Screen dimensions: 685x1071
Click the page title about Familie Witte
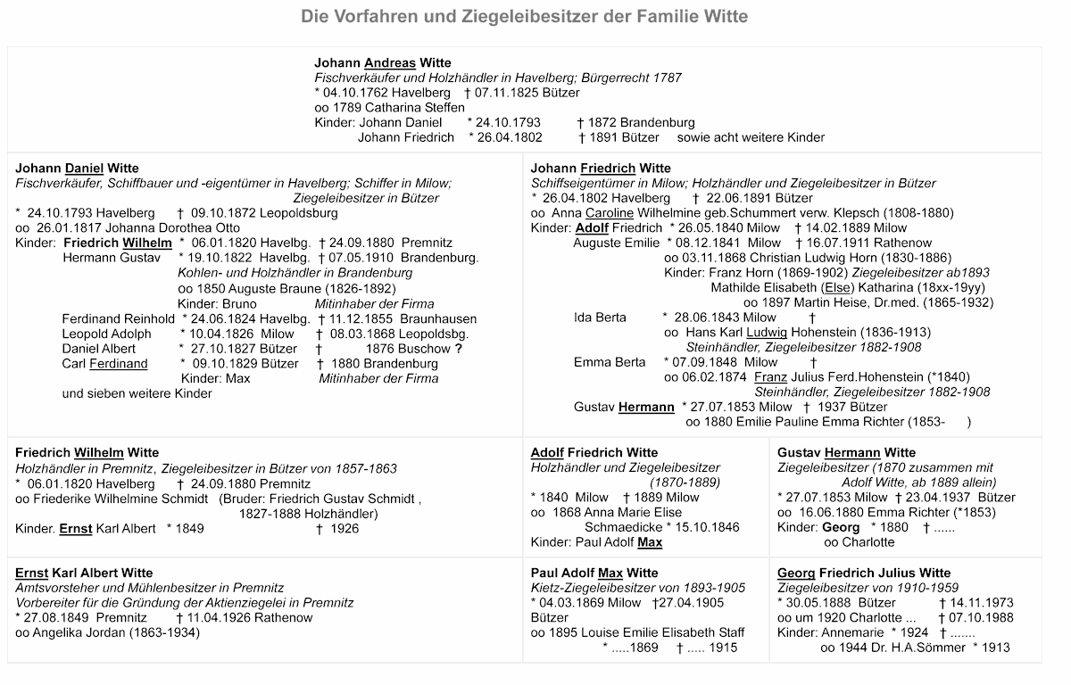[524, 16]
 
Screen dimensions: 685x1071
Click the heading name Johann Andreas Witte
[383, 62]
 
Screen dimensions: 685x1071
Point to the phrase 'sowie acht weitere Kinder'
[751, 137]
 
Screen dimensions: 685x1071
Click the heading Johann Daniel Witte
[77, 168]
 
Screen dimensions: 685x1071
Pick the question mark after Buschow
[458, 349]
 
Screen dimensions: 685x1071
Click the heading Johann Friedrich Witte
[600, 168]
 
